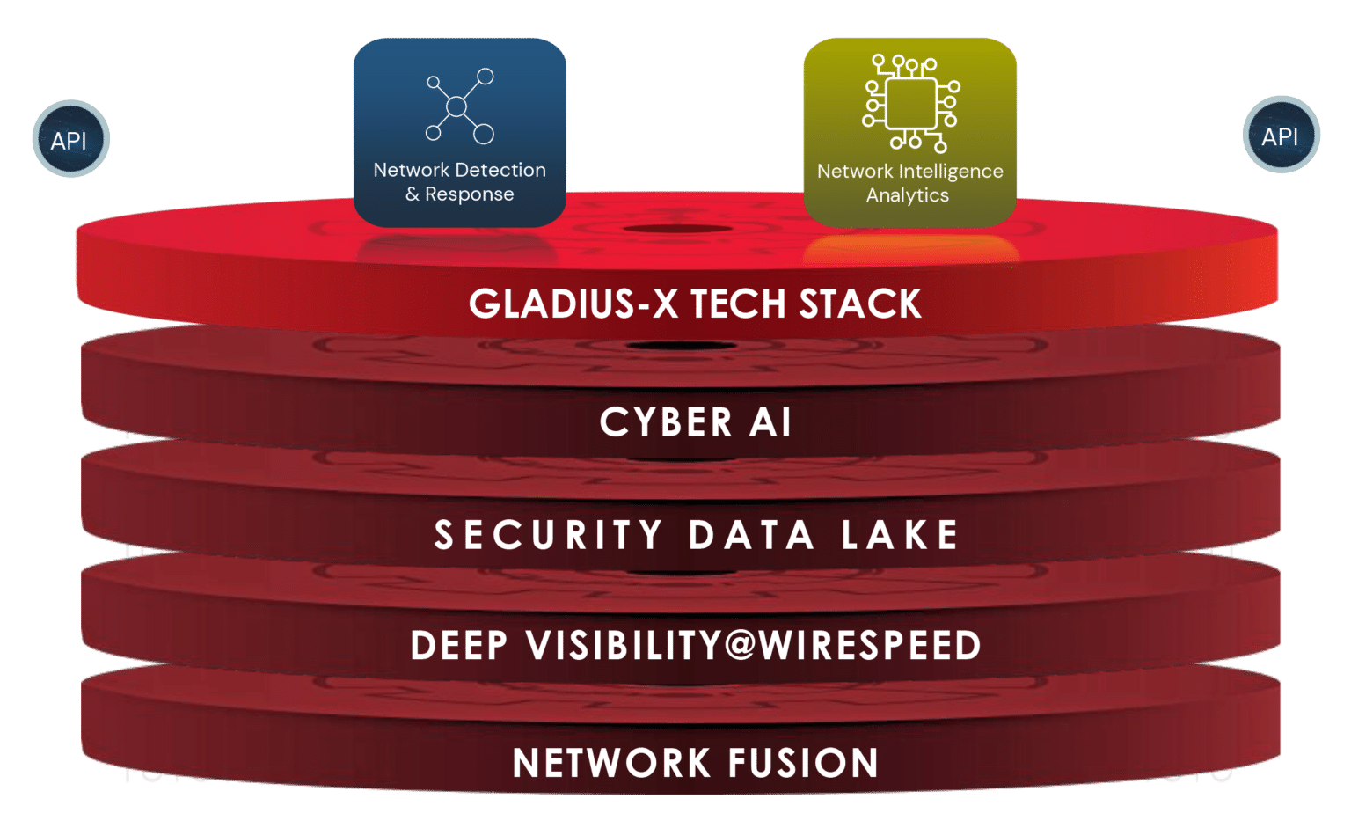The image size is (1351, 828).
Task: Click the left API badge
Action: pos(70,140)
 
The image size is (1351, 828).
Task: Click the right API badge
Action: pos(1281,136)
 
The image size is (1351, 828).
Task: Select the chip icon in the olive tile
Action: pos(911,103)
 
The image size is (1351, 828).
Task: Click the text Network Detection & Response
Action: pos(459,182)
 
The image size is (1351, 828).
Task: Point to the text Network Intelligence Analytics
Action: pos(909,183)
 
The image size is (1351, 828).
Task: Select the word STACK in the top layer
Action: pos(860,304)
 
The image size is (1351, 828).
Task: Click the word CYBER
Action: pos(666,422)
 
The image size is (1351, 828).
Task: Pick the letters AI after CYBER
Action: pos(770,422)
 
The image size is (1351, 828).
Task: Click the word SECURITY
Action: pos(548,535)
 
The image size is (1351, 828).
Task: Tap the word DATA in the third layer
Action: pos(751,535)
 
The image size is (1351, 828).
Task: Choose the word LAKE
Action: pos(899,535)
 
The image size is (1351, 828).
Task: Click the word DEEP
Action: pos(459,646)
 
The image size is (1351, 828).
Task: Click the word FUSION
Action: pos(803,763)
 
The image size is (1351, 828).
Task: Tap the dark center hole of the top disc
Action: pos(677,230)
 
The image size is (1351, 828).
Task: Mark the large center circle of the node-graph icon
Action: pos(456,107)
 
